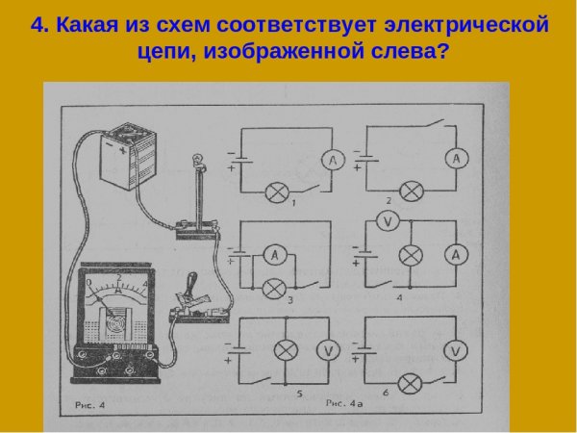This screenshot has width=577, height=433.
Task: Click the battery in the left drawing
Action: [129, 157]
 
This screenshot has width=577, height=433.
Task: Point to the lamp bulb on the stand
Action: [198, 160]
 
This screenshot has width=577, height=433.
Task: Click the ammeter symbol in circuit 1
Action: [329, 162]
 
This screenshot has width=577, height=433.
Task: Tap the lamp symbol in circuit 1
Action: [278, 192]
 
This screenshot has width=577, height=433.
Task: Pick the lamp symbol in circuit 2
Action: [413, 191]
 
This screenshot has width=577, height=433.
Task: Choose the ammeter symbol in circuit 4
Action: [457, 255]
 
